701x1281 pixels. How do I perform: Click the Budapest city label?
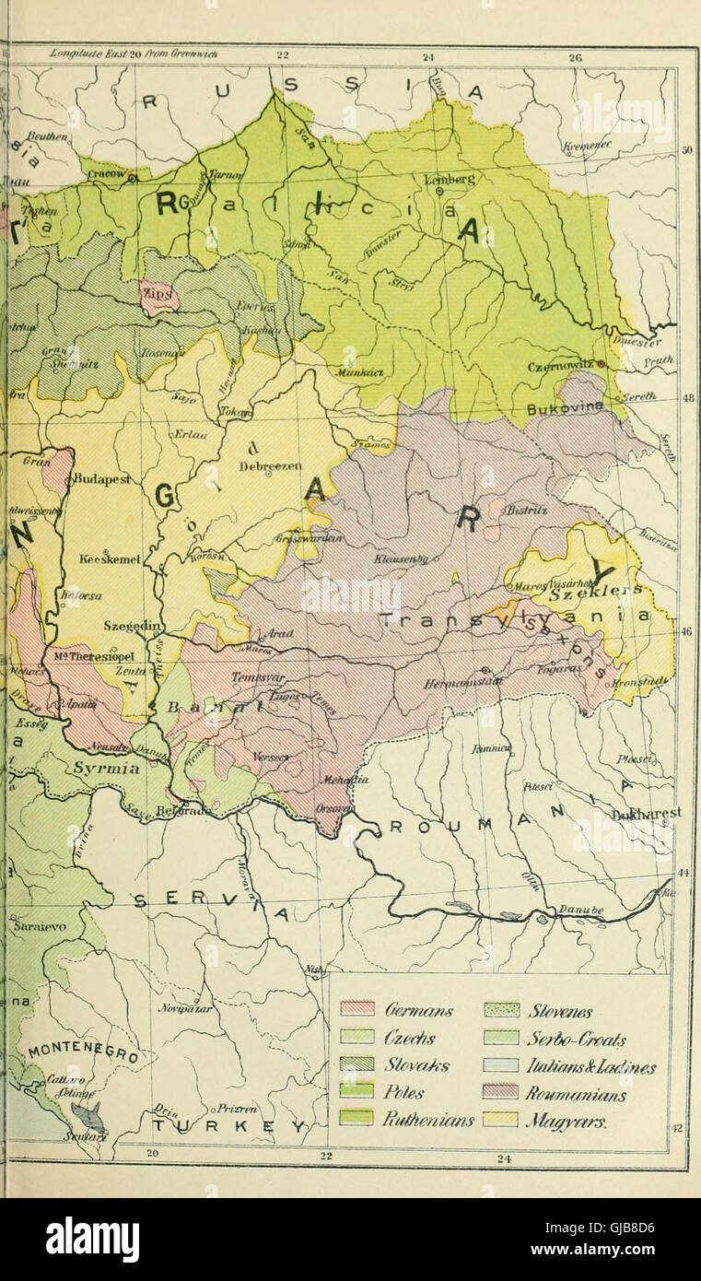pos(103,479)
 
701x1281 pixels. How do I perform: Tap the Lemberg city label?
pos(450,180)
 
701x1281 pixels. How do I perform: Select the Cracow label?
pos(109,175)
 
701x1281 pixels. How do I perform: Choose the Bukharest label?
pos(649,813)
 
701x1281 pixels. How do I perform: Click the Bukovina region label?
pos(565,406)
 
